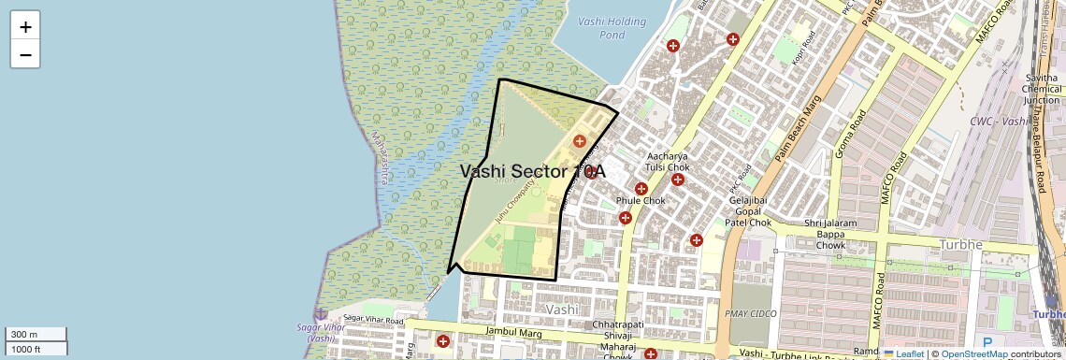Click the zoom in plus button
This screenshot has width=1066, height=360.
(x=25, y=26)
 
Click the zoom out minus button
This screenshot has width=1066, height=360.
(x=25, y=54)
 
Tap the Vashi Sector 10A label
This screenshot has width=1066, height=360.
(x=533, y=171)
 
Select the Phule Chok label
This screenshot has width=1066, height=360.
(x=641, y=201)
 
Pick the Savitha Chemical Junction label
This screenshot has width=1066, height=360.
(x=1041, y=87)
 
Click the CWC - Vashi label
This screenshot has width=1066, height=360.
(x=998, y=122)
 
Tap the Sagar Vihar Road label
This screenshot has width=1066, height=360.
(x=372, y=319)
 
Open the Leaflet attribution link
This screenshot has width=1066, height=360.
(x=903, y=353)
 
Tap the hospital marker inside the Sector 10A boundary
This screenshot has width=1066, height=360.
(x=580, y=141)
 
